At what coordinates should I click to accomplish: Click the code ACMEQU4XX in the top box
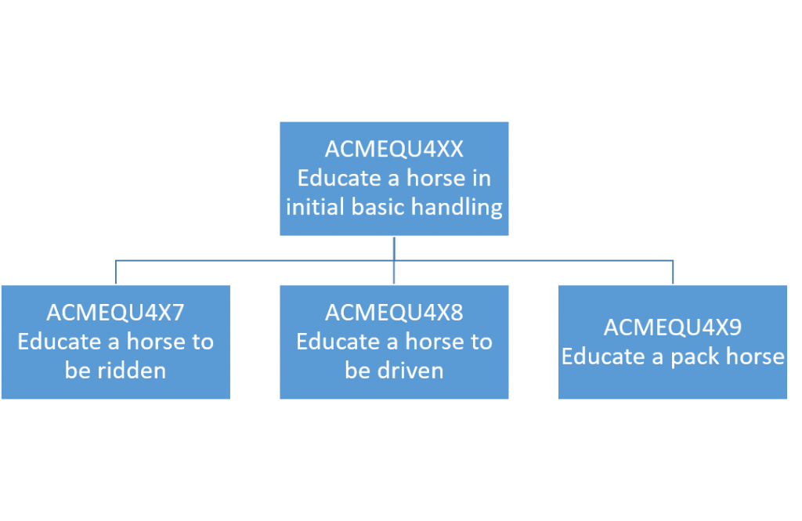click(394, 150)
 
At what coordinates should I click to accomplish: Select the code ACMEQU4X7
click(116, 313)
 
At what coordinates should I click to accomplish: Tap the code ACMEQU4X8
click(394, 313)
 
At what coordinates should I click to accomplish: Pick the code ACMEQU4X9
click(673, 327)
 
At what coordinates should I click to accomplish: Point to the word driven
click(410, 371)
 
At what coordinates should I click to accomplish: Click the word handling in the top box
click(457, 208)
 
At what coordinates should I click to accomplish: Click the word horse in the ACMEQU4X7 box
click(157, 342)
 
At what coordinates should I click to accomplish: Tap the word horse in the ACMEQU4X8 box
click(435, 342)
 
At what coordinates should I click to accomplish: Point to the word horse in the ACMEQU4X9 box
click(755, 356)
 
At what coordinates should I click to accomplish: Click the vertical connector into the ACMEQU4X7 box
click(116, 273)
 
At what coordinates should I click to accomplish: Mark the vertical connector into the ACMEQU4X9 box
click(673, 273)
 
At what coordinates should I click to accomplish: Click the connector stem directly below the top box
click(394, 248)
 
